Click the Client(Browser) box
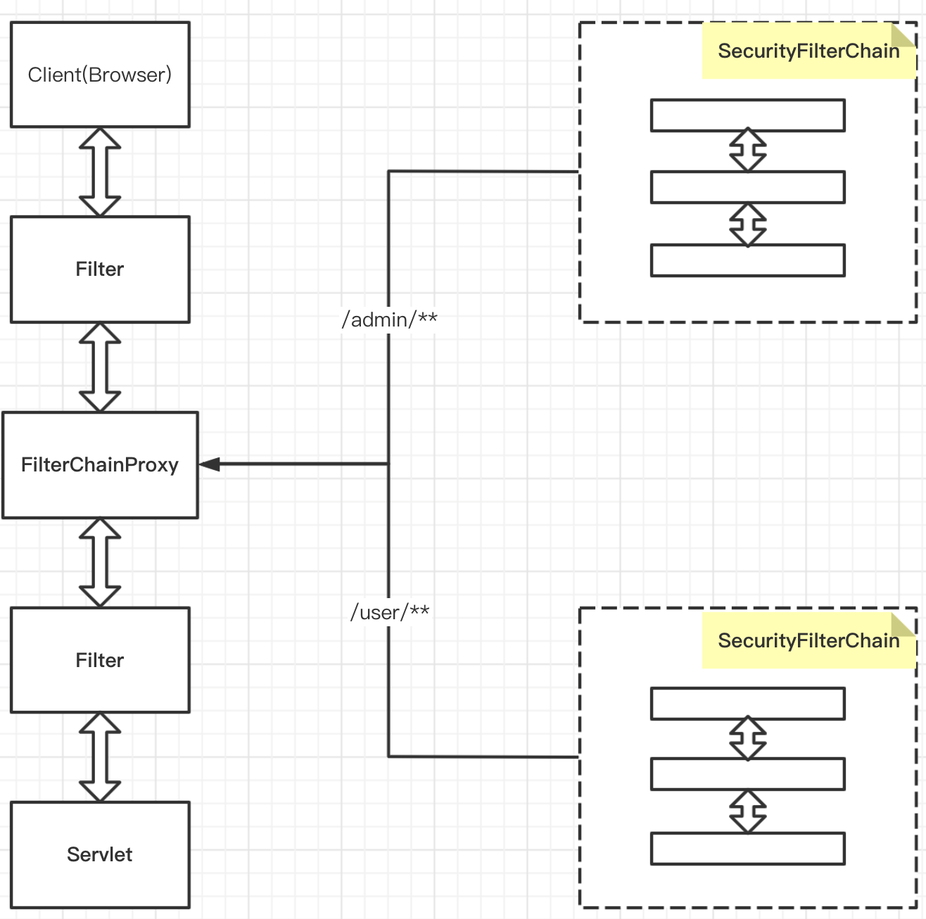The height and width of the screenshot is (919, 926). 100,75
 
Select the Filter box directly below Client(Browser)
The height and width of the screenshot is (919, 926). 100,270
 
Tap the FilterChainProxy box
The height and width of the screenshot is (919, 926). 100,465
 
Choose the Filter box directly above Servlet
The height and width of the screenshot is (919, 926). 100,660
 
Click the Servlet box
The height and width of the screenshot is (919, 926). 100,854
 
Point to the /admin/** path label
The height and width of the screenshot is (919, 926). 389,319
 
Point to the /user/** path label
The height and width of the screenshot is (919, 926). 390,612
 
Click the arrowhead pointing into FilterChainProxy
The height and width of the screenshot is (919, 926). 210,464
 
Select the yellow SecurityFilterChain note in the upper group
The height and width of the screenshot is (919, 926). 808,51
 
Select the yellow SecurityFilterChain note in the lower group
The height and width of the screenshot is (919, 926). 808,640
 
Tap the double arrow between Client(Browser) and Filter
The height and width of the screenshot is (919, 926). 100,172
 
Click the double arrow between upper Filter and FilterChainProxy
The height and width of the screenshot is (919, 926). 100,367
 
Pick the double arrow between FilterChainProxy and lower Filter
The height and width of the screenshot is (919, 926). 100,562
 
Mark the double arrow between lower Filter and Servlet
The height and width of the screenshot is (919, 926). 100,757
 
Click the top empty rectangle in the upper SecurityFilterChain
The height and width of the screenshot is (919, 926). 747,115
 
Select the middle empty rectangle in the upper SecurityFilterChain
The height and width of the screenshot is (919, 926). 747,187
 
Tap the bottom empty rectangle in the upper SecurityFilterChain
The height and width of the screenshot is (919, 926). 747,260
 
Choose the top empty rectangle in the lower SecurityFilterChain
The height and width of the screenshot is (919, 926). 747,704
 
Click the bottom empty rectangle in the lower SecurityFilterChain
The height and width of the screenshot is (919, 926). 747,849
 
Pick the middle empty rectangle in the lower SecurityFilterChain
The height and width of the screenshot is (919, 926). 747,774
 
